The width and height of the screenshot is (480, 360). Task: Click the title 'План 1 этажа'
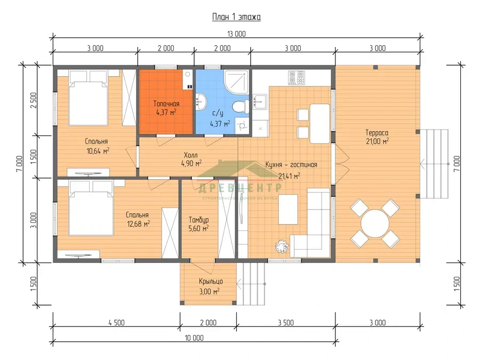(236, 17)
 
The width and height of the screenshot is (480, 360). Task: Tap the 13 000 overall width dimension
(236, 34)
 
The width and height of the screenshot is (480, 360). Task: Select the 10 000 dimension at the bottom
(194, 338)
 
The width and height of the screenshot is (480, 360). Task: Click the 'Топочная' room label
(166, 103)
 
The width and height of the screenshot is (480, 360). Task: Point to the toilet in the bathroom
(241, 107)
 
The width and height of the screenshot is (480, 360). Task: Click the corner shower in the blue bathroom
(236, 82)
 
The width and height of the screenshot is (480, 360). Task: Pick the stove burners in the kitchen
(297, 77)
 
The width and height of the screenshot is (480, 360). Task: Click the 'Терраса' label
(377, 133)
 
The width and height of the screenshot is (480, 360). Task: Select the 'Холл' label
(190, 155)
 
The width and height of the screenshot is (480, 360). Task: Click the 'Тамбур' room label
(199, 220)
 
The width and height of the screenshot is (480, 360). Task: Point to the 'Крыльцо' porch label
(211, 281)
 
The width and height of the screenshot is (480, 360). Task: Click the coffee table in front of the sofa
(288, 210)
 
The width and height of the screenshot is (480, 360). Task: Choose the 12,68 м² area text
(138, 224)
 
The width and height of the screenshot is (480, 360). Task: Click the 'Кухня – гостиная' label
(291, 165)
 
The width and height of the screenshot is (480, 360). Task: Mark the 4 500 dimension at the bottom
(116, 322)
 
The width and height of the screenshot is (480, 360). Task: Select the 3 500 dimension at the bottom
(286, 322)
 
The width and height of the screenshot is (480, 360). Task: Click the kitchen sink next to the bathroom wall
(260, 102)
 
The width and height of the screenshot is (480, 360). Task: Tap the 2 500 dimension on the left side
(34, 100)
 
